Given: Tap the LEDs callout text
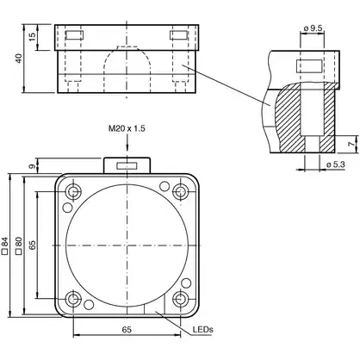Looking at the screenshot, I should click(x=203, y=329).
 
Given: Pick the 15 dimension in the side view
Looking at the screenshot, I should click(x=32, y=37).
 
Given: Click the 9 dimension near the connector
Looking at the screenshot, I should click(x=32, y=166).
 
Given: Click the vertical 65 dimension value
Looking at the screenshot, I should click(x=32, y=245).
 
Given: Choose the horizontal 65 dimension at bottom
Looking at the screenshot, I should click(x=126, y=330).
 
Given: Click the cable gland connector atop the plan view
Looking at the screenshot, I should click(x=127, y=164).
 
